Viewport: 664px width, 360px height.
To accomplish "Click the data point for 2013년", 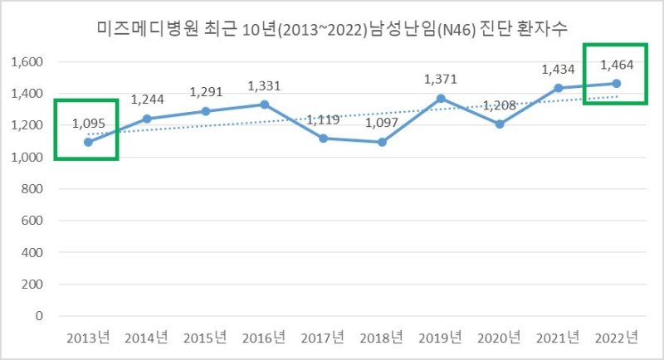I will click(88, 142).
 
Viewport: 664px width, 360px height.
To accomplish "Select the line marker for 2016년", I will click(264, 105).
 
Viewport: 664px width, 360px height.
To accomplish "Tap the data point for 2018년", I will click(381, 142).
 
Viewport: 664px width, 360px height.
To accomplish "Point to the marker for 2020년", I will click(499, 124).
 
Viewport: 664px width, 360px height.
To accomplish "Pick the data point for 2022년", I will click(616, 83).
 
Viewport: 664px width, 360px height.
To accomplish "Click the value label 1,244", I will click(147, 100).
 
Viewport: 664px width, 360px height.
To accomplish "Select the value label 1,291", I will click(206, 92).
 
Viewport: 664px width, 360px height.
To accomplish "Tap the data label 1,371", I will click(440, 80).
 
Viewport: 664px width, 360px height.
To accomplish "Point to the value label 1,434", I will click(557, 70).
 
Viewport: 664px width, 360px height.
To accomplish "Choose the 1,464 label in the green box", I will click(616, 64).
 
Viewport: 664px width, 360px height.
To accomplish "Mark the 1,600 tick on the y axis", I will click(27, 62).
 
